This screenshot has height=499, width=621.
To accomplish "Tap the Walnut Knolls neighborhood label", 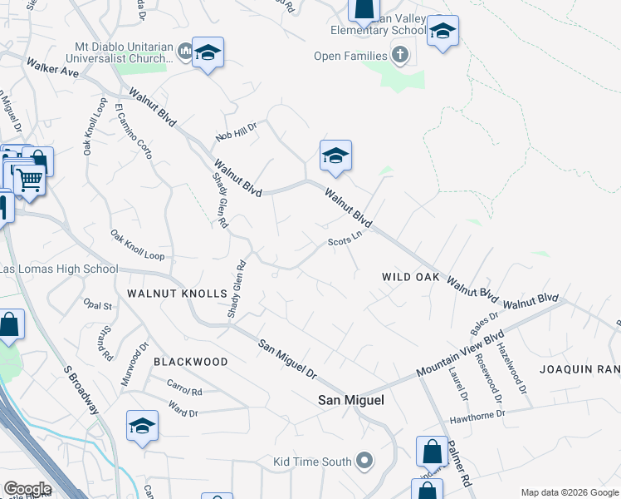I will [x=177, y=294].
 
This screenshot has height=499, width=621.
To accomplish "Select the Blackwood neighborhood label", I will [x=190, y=362].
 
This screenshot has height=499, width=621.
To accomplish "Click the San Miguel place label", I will [x=352, y=400].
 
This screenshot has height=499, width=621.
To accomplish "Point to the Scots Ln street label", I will [x=345, y=240].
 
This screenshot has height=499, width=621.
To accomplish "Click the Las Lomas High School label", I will [x=59, y=269].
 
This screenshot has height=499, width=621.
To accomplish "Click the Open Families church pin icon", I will [x=400, y=56].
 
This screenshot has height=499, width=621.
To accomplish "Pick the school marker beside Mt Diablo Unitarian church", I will [x=208, y=54].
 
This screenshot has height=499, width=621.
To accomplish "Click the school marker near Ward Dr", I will [x=143, y=426].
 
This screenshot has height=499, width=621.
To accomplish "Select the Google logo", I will [x=27, y=489].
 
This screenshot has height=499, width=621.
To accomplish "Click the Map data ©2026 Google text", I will [x=569, y=492].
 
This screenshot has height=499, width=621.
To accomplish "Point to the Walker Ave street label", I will [x=52, y=67].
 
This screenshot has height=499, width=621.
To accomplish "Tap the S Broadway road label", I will [x=81, y=390].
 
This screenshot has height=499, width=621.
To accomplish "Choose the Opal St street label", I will [x=98, y=305].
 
